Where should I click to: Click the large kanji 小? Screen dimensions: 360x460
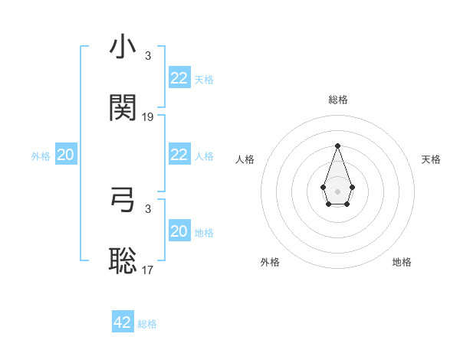pyautogui.click(x=123, y=47)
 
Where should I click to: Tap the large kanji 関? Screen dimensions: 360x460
pyautogui.click(x=123, y=108)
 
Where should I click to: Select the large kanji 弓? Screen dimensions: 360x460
pyautogui.click(x=123, y=200)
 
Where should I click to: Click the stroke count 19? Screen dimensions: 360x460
pyautogui.click(x=148, y=117)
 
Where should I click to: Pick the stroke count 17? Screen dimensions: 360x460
pyautogui.click(x=148, y=270)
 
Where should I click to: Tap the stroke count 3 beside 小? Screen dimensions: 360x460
pyautogui.click(x=148, y=56)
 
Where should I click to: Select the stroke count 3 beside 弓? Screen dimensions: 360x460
pyautogui.click(x=148, y=208)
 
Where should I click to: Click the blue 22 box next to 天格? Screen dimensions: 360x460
pyautogui.click(x=179, y=78)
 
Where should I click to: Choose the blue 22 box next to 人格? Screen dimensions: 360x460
pyautogui.click(x=179, y=155)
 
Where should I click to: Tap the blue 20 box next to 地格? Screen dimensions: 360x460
pyautogui.click(x=179, y=231)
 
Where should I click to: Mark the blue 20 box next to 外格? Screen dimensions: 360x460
pyautogui.click(x=65, y=155)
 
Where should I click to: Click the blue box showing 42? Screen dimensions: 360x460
pyautogui.click(x=123, y=322)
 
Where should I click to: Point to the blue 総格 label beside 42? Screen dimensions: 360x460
pyautogui.click(x=147, y=324)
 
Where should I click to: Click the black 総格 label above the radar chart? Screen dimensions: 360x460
pyautogui.click(x=337, y=100)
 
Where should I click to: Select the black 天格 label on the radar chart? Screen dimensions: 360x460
pyautogui.click(x=432, y=159)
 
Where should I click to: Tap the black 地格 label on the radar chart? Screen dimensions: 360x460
pyautogui.click(x=402, y=262)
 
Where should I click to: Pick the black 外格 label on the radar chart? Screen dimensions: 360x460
pyautogui.click(x=270, y=262)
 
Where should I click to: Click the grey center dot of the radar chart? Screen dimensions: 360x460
pyautogui.click(x=337, y=190)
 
